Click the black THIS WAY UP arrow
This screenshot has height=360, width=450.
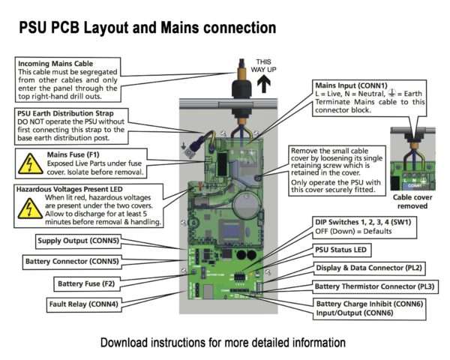264,83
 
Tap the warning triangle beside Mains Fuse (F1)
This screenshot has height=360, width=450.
31,164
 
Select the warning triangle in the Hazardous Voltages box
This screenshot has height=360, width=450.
30,208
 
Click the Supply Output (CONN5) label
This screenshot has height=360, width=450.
78,241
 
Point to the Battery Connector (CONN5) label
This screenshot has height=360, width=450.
72,262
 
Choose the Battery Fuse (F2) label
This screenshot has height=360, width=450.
86,284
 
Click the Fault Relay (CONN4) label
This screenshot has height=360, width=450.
83,304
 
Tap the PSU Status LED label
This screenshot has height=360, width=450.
341,250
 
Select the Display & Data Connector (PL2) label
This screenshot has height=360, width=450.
369,268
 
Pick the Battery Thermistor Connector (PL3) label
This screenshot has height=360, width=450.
374,286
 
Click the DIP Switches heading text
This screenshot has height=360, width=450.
363,222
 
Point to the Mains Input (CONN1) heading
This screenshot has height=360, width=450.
351,85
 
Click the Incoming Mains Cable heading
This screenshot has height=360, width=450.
55,64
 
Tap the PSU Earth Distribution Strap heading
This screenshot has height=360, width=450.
65,113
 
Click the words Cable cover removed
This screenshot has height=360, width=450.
412,202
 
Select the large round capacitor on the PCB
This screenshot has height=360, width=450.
246,205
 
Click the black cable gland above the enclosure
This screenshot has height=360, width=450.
241,88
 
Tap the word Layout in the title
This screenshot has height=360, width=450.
106,28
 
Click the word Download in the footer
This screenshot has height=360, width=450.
124,343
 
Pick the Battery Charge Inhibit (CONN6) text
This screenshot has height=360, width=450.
370,304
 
